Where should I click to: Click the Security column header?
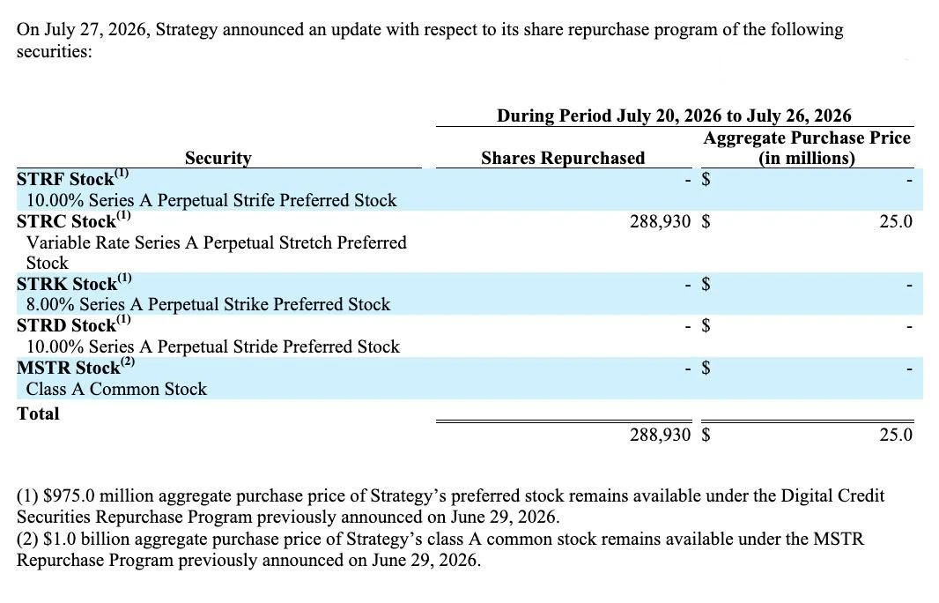pos(218,158)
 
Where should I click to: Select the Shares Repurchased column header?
pos(563,158)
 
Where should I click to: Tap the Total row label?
pos(39,413)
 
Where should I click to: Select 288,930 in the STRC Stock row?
pos(660,222)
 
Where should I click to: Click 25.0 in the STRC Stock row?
pos(896,222)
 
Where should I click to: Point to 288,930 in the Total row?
pos(660,435)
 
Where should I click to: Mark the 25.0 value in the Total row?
pos(896,435)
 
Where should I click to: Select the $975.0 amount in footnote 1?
pos(69,496)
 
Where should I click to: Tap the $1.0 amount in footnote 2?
pos(60,539)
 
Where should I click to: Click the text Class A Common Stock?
pos(116,389)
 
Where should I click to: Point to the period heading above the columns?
pos(675,115)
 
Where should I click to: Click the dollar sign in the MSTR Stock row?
pos(706,367)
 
